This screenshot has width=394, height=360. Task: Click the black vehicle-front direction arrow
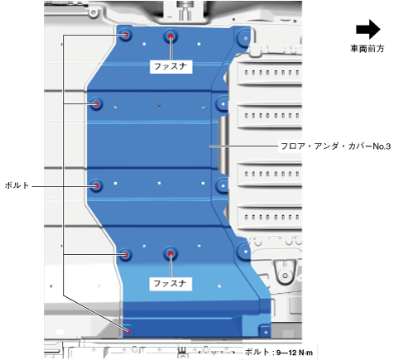coord(368,29)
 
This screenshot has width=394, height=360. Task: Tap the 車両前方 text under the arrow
coord(368,49)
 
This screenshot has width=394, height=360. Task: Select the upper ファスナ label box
coord(171,66)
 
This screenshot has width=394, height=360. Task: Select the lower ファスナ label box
coord(171,284)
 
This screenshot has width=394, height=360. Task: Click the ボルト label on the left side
coord(17,185)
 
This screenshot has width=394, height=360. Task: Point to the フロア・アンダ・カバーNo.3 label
coord(335,146)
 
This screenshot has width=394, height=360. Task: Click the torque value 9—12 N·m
coord(295,353)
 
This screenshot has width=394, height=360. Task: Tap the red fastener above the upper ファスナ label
coord(171,36)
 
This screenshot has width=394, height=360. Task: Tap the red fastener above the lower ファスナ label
coord(171,253)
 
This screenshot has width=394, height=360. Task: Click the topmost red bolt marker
coord(126,35)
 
